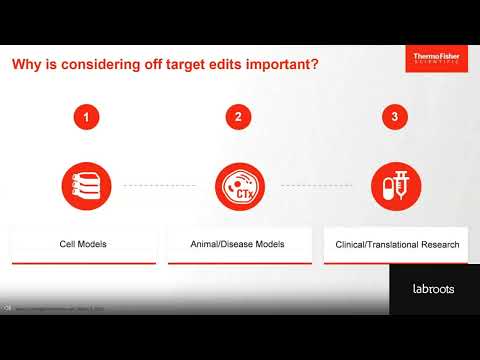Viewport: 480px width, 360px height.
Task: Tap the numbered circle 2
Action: tap(238, 118)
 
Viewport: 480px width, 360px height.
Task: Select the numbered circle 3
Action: tap(395, 118)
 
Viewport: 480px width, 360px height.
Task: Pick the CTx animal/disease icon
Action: tap(238, 185)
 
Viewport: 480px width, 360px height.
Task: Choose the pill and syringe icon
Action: tap(395, 185)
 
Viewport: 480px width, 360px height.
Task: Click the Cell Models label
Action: tap(84, 243)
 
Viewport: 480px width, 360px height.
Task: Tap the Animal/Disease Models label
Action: tap(238, 243)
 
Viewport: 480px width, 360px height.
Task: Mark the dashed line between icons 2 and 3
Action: tap(317, 185)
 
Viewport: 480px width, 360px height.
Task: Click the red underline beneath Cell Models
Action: tap(84, 263)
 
